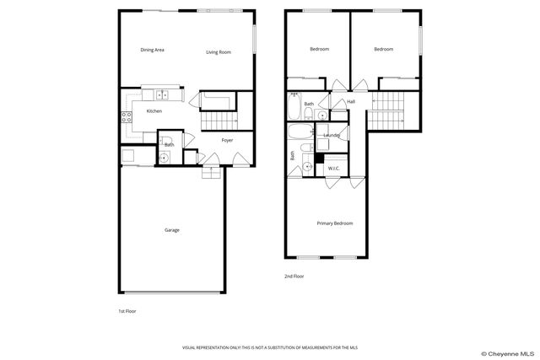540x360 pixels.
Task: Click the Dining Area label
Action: point(152,51)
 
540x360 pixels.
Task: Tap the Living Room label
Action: point(219,52)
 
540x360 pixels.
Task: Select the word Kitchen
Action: point(154,111)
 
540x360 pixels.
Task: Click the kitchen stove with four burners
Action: point(128,117)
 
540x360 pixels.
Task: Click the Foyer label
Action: point(227,140)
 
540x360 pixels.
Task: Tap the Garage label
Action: point(171,230)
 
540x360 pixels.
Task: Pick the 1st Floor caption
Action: point(127,311)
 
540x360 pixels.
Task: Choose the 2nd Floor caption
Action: point(294,276)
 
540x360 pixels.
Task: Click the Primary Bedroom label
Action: point(335,223)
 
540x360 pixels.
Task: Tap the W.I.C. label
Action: point(334,169)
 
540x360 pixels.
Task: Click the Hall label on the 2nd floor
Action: point(351,102)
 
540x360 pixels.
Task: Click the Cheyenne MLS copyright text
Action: point(509,353)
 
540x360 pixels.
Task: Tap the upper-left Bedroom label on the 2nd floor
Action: point(319,49)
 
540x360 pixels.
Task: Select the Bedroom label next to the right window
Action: point(384,49)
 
